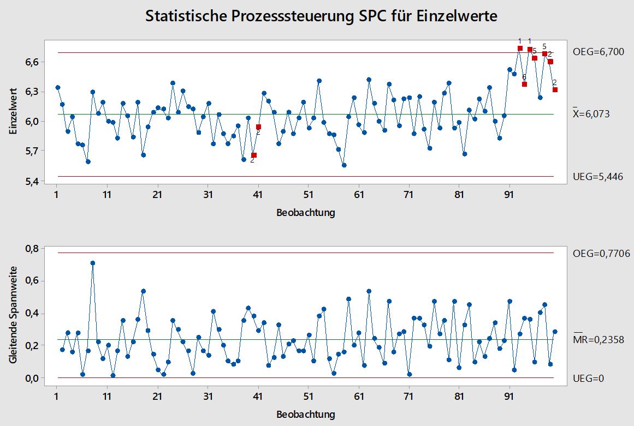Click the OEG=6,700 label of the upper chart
[x=599, y=52]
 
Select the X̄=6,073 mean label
[x=599, y=114]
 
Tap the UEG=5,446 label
[x=599, y=177]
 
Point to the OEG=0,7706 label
[x=601, y=253]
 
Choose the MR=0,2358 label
[x=599, y=339]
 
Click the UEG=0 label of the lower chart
[x=589, y=378]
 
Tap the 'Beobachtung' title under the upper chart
[x=306, y=213]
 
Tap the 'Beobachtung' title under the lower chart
[x=306, y=414]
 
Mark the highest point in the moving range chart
[x=93, y=263]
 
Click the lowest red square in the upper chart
[x=253, y=155]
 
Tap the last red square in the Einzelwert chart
[x=555, y=89]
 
